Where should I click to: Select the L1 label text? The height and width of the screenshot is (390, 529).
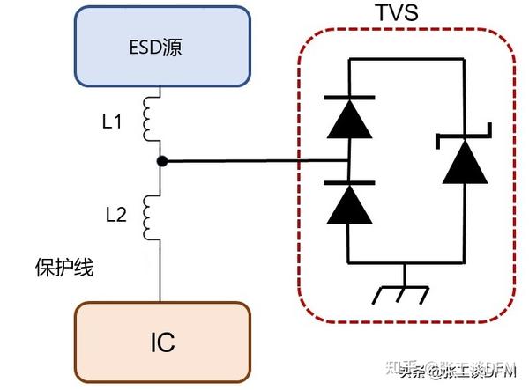click(x=112, y=122)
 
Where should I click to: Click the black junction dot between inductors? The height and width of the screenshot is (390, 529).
click(x=160, y=162)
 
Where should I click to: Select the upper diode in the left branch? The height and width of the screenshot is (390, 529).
click(x=347, y=120)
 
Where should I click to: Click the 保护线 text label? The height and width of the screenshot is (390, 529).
click(x=64, y=268)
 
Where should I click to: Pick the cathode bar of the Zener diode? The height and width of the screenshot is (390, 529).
click(x=464, y=137)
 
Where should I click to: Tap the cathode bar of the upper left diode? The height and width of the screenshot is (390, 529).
click(x=347, y=97)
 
